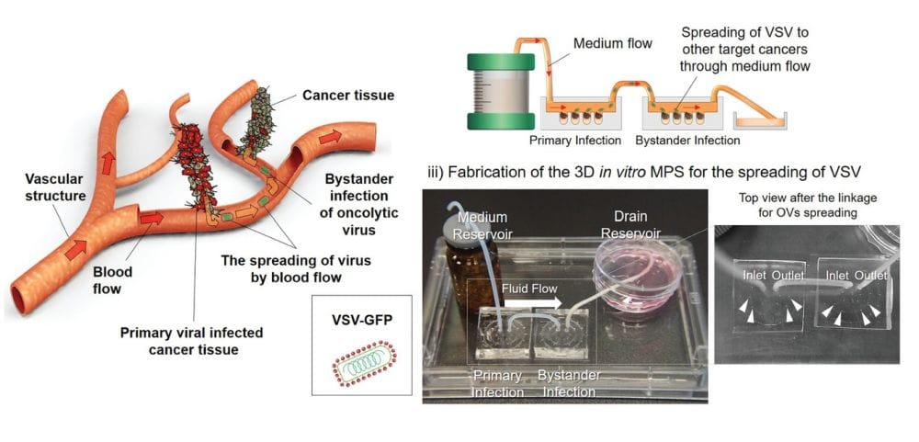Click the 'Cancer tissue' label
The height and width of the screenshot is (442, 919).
click(x=348, y=95)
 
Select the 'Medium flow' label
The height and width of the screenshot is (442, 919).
click(x=614, y=43)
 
